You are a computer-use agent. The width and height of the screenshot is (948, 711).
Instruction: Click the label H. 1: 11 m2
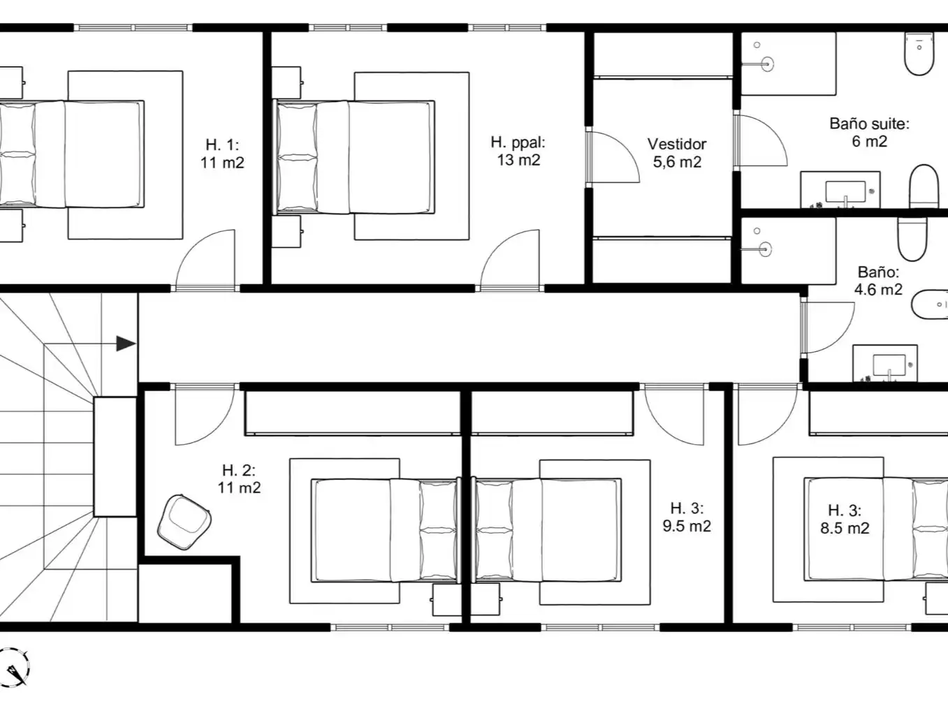tap(222, 153)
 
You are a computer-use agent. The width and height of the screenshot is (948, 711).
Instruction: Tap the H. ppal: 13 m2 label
tap(518, 151)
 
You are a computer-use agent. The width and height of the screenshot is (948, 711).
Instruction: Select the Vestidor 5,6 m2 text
tap(677, 153)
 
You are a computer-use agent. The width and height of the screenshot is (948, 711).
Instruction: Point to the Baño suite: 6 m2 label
tap(869, 132)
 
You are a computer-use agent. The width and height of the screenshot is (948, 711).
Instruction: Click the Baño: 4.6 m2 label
tap(878, 281)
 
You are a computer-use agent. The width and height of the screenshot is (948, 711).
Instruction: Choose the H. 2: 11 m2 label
tap(239, 478)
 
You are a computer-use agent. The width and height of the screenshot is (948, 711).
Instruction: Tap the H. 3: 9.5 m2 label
tap(687, 517)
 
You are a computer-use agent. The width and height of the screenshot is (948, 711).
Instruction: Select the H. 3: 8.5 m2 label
tap(845, 519)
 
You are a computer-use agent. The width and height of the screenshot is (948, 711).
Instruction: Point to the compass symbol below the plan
tap(15, 667)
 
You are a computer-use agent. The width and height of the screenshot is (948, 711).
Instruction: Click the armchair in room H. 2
tap(184, 522)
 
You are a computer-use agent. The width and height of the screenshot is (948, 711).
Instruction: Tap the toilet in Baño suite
tap(919, 54)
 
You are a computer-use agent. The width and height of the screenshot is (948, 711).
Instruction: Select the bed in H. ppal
tap(353, 157)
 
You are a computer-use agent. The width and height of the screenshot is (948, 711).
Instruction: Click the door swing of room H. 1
tap(205, 259)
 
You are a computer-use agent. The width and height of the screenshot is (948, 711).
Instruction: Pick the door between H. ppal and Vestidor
tap(613, 157)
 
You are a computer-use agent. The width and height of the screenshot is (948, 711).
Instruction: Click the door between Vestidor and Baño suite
tap(760, 140)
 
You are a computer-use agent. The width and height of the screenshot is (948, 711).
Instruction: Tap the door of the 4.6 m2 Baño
tap(827, 328)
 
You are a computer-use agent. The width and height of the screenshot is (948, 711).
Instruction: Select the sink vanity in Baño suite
tap(840, 190)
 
